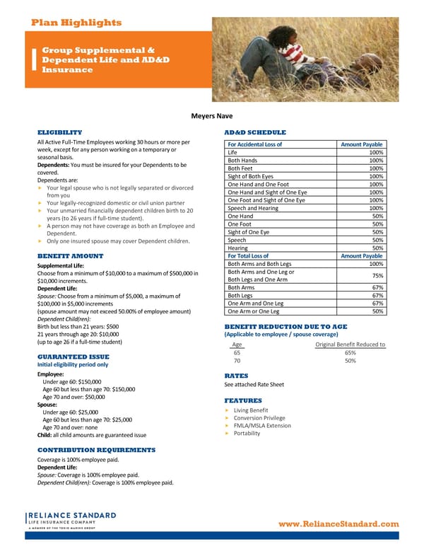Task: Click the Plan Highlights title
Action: point(76,23)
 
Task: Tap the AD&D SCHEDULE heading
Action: point(254,132)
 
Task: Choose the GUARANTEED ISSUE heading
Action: point(73,357)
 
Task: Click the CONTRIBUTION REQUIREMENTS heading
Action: point(95,449)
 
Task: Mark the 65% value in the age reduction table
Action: point(350,352)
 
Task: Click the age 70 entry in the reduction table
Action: point(237,361)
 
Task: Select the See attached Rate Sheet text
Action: point(254,385)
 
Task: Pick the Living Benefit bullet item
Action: point(251,410)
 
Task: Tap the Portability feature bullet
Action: point(247,434)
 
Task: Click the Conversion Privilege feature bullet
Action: point(259,418)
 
